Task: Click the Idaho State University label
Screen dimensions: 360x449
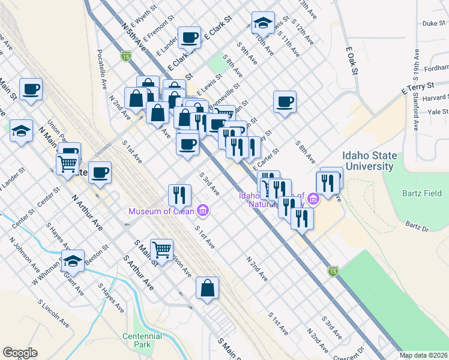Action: pyautogui.click(x=369, y=161)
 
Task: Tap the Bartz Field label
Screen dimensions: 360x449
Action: pyautogui.click(x=421, y=193)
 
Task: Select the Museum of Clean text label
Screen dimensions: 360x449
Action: pyautogui.click(x=161, y=211)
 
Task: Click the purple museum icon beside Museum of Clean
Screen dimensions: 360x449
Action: pyautogui.click(x=203, y=210)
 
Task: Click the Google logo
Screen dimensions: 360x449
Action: pyautogui.click(x=20, y=353)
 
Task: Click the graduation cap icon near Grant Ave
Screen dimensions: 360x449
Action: pyautogui.click(x=73, y=262)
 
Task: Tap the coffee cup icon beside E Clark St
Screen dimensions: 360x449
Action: pyautogui.click(x=189, y=37)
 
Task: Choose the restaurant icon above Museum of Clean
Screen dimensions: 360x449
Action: pyautogui.click(x=179, y=194)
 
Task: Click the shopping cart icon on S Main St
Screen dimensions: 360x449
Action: pyautogui.click(x=161, y=248)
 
